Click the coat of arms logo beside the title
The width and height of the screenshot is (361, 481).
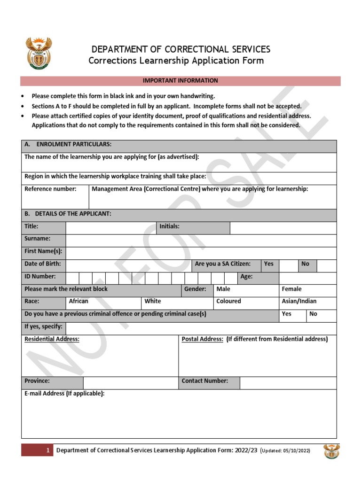coord(39,54)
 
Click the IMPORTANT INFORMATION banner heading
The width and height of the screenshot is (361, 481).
coord(180,81)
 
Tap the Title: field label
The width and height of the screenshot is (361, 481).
coord(31,226)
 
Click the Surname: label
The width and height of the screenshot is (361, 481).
coord(37,239)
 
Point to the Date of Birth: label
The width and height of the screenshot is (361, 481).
coord(43,264)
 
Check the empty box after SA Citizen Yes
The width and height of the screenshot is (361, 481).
coord(289,265)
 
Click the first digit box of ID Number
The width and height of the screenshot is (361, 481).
coord(72,278)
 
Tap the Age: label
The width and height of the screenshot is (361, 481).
coord(247,277)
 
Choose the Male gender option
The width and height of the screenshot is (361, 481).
coord(223,289)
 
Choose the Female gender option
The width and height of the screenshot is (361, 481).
coord(291,289)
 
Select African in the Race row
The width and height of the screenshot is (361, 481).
coord(78,301)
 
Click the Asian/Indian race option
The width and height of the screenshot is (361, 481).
coord(299,301)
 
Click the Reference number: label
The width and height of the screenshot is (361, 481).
coord(50,189)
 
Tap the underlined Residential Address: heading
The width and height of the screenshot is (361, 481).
coord(52,339)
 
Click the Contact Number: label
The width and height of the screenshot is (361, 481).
coord(205,381)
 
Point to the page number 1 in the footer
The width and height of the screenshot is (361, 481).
coord(47,450)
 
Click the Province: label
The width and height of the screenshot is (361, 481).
coord(37,381)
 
